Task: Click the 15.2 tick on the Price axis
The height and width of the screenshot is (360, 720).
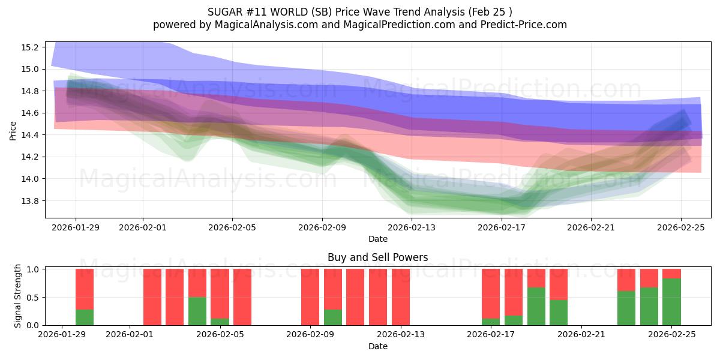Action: tap(30, 47)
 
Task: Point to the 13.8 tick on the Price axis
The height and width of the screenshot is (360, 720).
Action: tap(30, 201)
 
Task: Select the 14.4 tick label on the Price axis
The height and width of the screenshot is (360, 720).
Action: tap(30, 135)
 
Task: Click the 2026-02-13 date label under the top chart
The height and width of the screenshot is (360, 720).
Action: tap(412, 227)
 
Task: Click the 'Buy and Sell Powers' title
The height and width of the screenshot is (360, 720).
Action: tap(377, 257)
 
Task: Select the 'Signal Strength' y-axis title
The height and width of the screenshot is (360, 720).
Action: tap(18, 296)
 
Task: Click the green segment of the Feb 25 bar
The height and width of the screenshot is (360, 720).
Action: tap(671, 302)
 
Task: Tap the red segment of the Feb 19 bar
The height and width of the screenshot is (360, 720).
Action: tap(536, 278)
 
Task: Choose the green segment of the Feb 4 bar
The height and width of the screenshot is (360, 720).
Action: tap(197, 311)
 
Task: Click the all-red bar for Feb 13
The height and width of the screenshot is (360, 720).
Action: tap(401, 297)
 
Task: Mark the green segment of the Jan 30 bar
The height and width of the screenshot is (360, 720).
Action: tap(85, 317)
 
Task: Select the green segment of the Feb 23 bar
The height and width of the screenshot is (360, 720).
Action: tap(626, 308)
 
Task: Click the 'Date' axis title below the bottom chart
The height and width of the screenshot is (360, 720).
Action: tap(377, 346)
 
